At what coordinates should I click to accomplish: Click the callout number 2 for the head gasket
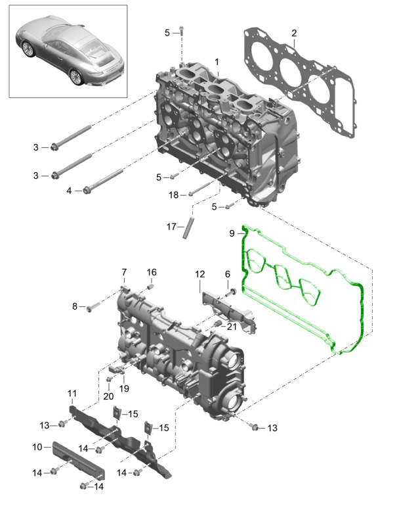click(294, 33)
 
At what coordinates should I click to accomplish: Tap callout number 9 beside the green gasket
click(232, 233)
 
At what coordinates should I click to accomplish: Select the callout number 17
click(171, 226)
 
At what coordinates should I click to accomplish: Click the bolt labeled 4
click(103, 180)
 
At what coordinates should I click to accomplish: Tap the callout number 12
click(200, 274)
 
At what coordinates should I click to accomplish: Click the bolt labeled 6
click(230, 292)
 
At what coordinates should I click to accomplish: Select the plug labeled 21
click(217, 324)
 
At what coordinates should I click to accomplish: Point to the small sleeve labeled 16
click(150, 287)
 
